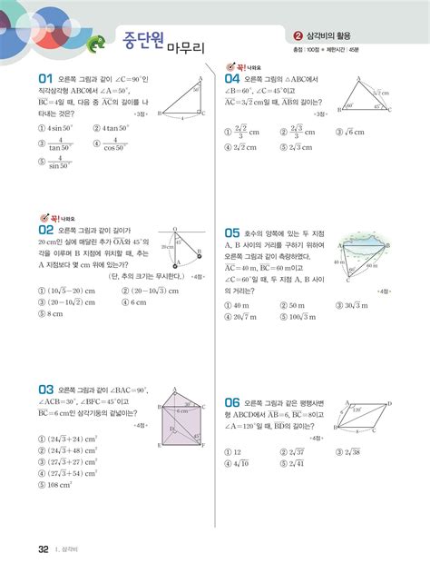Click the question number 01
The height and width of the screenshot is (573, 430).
pyautogui.click(x=43, y=78)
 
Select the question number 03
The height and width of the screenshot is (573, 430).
pyautogui.click(x=43, y=388)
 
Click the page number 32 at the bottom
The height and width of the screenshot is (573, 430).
pyautogui.click(x=43, y=550)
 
